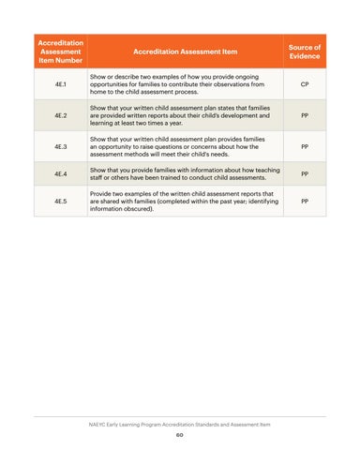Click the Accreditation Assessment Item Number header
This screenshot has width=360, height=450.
point(61,52)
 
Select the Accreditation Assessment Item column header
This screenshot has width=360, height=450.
point(186,52)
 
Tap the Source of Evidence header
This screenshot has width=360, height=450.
point(305,52)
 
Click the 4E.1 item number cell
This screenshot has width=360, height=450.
point(61,84)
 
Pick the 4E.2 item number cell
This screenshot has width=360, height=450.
point(61,115)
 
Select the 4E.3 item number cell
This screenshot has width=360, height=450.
point(61,147)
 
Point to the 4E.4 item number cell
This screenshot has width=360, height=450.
point(61,173)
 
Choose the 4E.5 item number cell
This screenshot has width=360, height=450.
point(61,202)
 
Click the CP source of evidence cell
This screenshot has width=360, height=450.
point(305,84)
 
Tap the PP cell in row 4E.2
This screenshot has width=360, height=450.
point(305,115)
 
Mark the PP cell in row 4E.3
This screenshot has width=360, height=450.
point(305,147)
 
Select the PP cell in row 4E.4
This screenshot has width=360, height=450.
point(305,173)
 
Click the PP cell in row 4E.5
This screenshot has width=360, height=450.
point(305,202)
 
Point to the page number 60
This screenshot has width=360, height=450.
point(180,435)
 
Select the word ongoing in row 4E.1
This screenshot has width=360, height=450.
point(247,77)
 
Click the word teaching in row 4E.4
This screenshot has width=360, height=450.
point(268,171)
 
